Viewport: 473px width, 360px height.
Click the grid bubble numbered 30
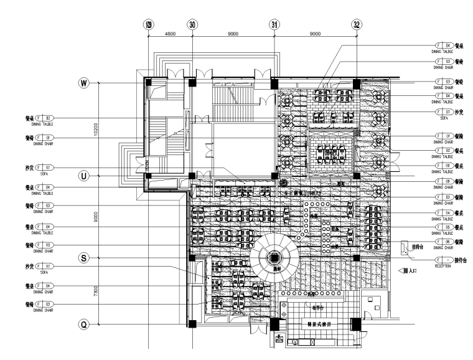(x=192, y=24)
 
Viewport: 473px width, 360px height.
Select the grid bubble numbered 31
(x=274, y=24)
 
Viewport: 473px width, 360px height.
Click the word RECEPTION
(x=444, y=265)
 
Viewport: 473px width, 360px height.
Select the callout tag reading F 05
(x=443, y=227)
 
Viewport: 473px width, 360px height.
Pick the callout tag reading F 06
(x=443, y=241)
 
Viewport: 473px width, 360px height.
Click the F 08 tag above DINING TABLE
(x=443, y=166)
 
